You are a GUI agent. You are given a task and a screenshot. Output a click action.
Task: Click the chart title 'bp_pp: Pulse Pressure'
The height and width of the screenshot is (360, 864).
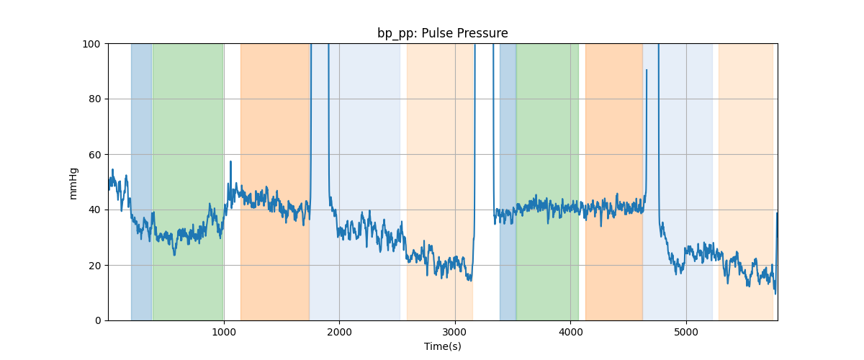pos(442,33)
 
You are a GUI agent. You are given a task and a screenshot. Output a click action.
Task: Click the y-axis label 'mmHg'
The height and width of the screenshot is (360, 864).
pos(73,182)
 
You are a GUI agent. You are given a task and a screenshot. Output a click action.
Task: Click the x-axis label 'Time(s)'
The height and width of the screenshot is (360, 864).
pos(442,346)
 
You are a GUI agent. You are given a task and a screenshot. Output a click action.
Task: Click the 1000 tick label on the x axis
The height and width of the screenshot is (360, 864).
pos(224,333)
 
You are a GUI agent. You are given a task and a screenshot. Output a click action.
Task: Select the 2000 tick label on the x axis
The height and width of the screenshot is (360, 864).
pos(339,333)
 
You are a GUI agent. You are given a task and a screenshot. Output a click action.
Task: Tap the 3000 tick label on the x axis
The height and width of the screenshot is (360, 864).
pos(455,333)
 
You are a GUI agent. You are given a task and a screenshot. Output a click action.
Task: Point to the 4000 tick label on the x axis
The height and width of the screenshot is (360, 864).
pos(570,333)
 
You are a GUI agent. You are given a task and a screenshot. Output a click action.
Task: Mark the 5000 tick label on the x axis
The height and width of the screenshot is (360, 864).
pos(686,333)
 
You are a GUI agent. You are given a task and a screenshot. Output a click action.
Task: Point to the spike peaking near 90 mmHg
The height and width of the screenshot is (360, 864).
pos(647,71)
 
